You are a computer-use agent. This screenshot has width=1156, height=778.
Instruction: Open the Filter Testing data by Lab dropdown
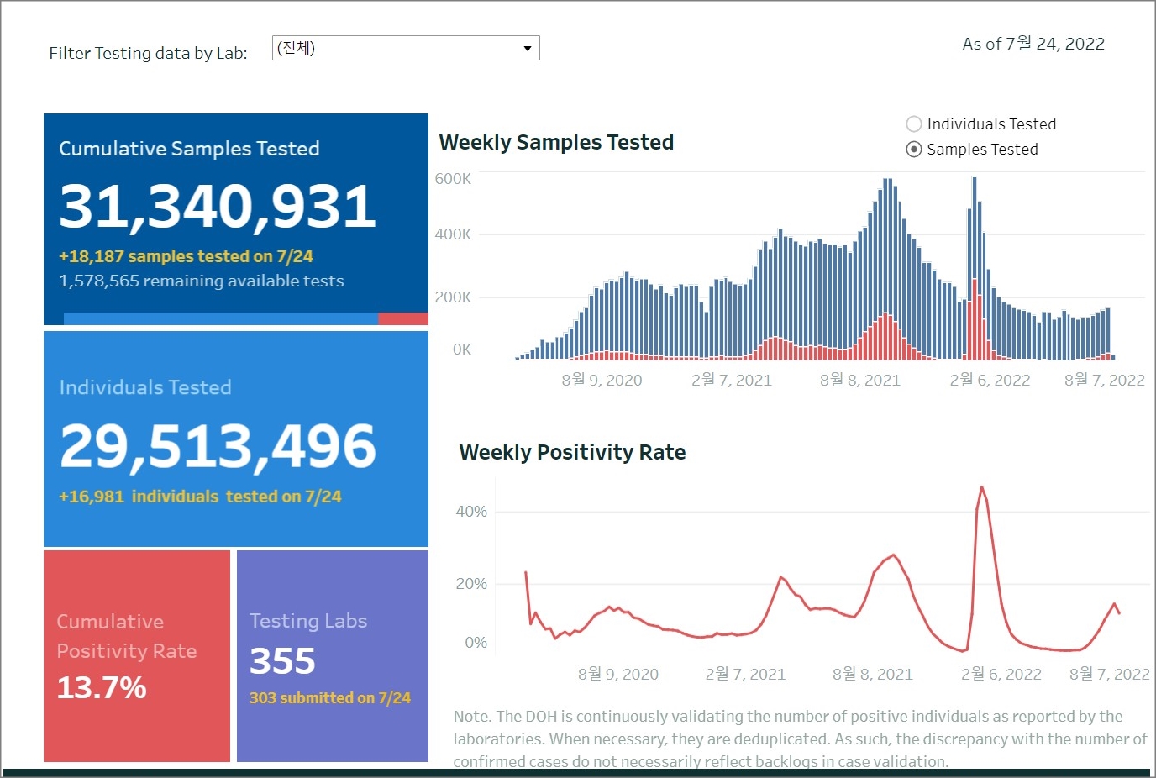tap(406, 48)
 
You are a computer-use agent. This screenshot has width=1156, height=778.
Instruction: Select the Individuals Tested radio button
tap(914, 124)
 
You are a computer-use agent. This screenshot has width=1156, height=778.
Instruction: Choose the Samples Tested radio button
tap(914, 150)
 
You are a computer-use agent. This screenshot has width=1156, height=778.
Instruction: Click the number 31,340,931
tap(218, 206)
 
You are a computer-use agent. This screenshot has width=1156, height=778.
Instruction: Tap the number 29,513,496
tap(218, 445)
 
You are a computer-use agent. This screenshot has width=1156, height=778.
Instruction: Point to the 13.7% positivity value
tap(102, 687)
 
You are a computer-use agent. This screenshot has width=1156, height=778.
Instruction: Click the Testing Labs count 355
tap(282, 661)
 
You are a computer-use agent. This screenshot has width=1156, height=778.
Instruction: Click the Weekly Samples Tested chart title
tap(556, 142)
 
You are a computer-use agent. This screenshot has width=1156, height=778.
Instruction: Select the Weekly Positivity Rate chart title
tap(572, 452)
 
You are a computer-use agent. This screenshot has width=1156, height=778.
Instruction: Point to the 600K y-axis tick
tap(453, 178)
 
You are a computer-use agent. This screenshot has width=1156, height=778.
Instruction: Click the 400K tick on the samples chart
tap(453, 234)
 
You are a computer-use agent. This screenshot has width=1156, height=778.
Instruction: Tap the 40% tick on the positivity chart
tap(471, 512)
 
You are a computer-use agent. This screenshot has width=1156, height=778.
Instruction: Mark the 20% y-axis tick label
tap(471, 584)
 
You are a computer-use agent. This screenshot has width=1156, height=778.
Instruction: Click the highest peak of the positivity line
tap(981, 487)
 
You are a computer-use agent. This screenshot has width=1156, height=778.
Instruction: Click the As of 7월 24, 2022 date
tap(1033, 44)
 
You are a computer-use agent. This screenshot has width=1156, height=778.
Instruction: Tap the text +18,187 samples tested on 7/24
tap(186, 256)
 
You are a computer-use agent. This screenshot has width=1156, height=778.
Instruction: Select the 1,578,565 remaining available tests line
tap(202, 281)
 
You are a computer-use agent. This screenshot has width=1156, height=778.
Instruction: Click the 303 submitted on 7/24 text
tap(330, 697)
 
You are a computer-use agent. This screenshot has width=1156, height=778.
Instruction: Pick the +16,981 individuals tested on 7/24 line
tap(200, 497)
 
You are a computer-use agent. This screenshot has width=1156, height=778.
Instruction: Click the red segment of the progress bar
tap(403, 319)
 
